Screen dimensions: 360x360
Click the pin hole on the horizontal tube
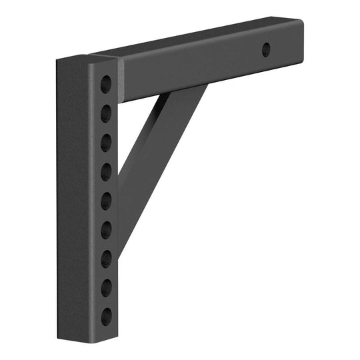click(x=266, y=49)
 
